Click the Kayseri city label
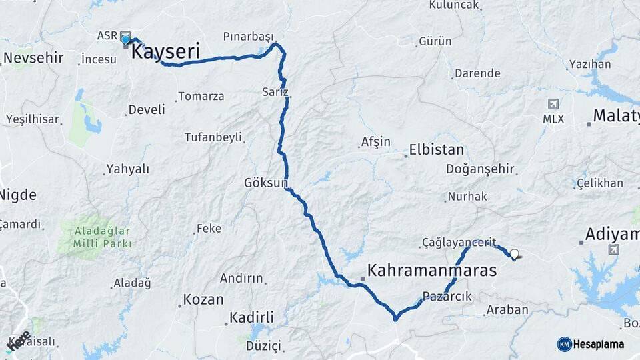click(165, 51)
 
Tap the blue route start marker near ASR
click(125, 40)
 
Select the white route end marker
click(514, 254)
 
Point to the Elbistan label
click(437, 149)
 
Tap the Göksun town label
click(265, 182)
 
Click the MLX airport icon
click(553, 104)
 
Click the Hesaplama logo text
click(599, 344)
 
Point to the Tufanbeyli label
click(213, 137)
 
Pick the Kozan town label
click(203, 299)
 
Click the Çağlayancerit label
click(459, 243)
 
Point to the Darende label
click(477, 73)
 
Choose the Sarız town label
click(275, 92)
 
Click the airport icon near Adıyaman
click(613, 249)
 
